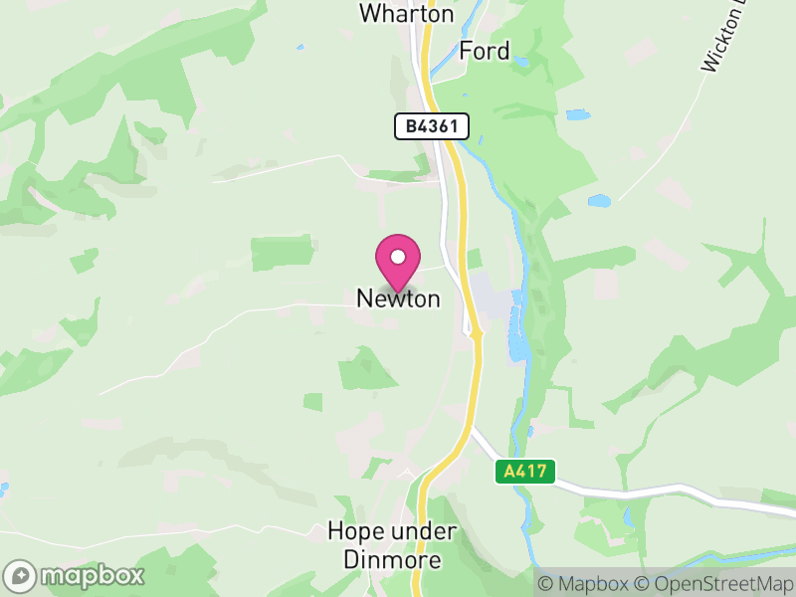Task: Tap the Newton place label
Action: click(398, 298)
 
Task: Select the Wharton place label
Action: click(406, 14)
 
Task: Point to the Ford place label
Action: click(485, 52)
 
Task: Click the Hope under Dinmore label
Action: click(392, 545)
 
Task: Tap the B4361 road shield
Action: click(431, 126)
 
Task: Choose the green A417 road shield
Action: click(524, 472)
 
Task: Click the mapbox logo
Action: click(76, 575)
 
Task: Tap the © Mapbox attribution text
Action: click(584, 584)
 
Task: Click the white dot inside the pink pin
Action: click(398, 257)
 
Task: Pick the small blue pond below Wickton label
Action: click(598, 201)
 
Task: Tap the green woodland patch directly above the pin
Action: click(282, 253)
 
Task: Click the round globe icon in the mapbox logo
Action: click(22, 575)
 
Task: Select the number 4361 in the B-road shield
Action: click(438, 126)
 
